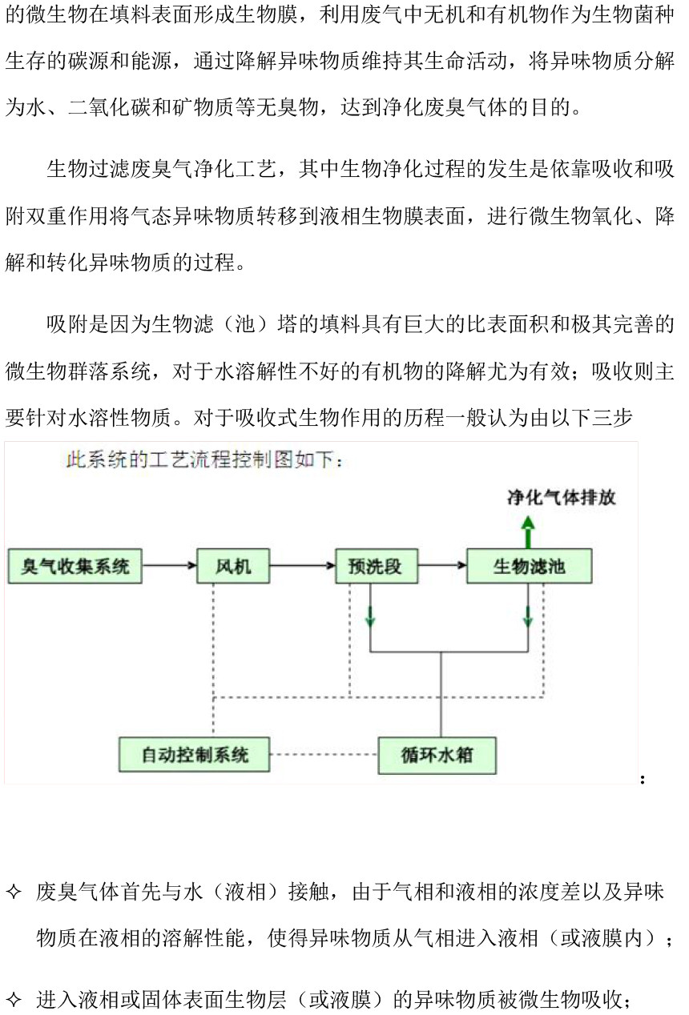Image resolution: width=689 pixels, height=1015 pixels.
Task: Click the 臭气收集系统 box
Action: click(x=75, y=566)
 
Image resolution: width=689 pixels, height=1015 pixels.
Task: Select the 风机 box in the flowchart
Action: click(x=233, y=566)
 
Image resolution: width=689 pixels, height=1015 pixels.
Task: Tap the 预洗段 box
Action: click(x=377, y=566)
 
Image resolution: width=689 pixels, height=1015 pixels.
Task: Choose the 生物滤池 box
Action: click(x=530, y=566)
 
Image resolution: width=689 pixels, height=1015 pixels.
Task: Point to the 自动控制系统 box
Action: click(x=194, y=755)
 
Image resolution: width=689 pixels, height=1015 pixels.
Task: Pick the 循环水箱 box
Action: click(x=437, y=756)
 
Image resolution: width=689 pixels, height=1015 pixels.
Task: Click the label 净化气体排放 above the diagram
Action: click(x=561, y=498)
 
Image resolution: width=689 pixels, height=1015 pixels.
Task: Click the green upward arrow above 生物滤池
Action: click(x=528, y=532)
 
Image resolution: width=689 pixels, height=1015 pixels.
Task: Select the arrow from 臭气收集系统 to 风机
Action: click(x=169, y=565)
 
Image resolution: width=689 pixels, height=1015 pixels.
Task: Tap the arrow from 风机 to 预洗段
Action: click(x=303, y=565)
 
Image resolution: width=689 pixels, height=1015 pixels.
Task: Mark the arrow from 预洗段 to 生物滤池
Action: click(x=442, y=565)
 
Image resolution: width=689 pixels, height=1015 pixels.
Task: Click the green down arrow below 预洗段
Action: click(x=370, y=616)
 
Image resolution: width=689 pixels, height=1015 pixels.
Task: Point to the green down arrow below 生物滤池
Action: click(x=528, y=616)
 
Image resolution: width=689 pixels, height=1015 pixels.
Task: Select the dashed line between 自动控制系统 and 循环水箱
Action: click(x=324, y=755)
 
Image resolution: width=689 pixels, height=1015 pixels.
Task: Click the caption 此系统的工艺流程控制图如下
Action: click(x=203, y=460)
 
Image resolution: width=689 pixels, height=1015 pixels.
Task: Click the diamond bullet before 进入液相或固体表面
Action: click(x=14, y=999)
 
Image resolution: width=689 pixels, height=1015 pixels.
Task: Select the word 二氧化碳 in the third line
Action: click(x=109, y=107)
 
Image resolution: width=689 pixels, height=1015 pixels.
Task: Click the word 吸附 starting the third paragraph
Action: click(x=67, y=324)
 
